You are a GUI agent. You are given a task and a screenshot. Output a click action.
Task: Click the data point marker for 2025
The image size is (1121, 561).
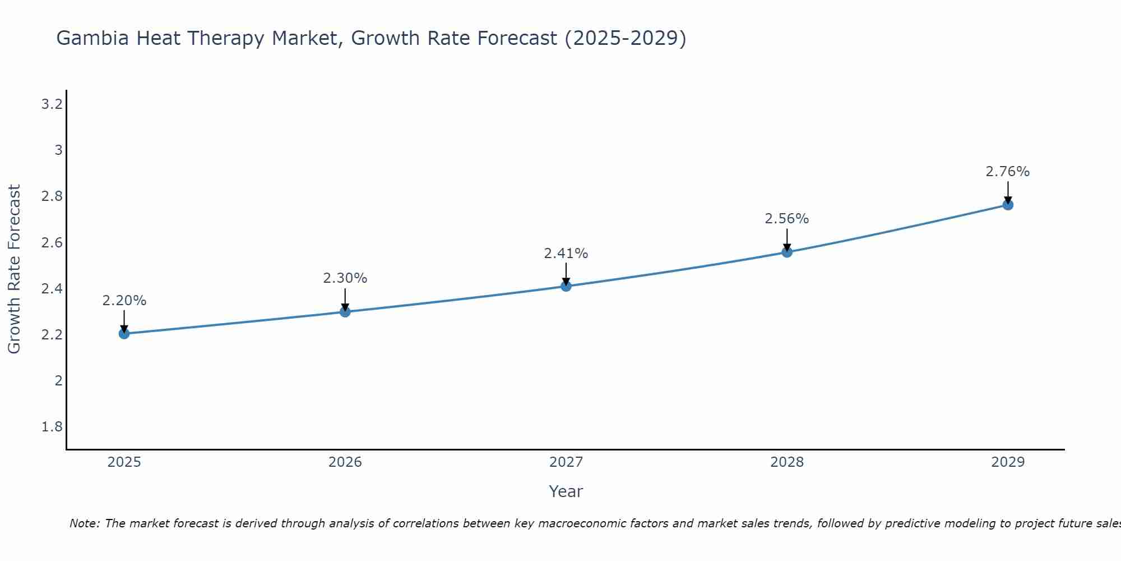tap(124, 334)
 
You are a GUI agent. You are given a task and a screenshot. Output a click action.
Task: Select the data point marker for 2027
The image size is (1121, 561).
tap(566, 286)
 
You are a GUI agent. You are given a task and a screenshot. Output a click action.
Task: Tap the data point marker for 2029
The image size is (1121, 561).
tap(1008, 205)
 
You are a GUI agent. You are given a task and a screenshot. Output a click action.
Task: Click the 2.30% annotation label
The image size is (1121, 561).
tap(345, 278)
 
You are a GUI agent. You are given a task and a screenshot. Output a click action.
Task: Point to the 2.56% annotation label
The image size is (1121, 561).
tap(787, 219)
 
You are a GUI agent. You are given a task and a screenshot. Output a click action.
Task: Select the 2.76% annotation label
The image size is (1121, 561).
tap(1008, 172)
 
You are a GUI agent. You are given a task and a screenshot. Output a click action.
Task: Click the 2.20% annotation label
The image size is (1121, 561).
tap(124, 301)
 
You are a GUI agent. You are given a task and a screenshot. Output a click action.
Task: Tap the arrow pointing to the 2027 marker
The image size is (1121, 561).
tap(566, 274)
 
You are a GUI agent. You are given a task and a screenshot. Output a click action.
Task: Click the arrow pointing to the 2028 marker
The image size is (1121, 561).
tap(787, 240)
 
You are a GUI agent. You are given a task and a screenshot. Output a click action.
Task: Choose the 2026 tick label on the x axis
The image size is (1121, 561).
tap(345, 462)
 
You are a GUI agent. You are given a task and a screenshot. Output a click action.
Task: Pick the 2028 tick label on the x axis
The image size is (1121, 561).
tap(787, 462)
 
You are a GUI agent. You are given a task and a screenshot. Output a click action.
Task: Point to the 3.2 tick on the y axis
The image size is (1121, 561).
tap(52, 104)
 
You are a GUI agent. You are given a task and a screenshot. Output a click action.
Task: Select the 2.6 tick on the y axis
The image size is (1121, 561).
tap(52, 243)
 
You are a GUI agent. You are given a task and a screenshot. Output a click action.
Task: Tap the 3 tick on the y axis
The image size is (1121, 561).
tap(58, 150)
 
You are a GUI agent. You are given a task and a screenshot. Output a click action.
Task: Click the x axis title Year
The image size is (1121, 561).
tap(566, 491)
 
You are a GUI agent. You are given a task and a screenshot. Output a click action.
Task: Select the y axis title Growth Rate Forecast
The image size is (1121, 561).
tap(15, 269)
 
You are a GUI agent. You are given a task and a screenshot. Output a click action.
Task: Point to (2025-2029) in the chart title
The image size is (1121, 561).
tap(625, 39)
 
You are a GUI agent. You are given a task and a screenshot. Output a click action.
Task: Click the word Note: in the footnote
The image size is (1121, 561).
tap(85, 523)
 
